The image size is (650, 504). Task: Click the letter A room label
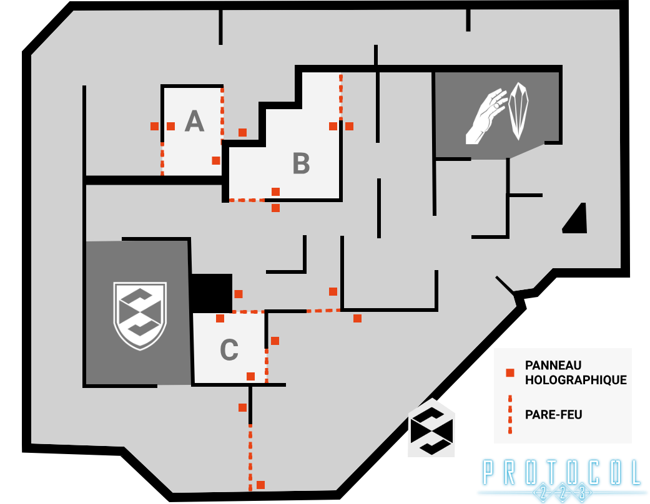194,122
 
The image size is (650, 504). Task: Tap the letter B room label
301,164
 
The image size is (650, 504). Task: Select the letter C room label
229,350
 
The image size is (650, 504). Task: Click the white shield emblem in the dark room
140,316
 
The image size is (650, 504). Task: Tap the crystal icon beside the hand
519,111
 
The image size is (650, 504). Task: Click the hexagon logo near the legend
431,429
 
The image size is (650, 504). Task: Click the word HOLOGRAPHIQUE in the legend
576,380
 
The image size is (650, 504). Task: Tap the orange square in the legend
510,373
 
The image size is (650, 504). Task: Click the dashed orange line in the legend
510,414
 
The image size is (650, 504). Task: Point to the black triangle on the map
576,220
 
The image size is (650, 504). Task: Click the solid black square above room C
211,293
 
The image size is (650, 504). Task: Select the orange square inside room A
216,160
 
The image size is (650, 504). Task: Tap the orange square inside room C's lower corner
250,376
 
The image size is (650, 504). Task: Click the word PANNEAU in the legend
553,366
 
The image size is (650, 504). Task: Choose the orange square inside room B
275,191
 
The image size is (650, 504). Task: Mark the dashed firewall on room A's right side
222,115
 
